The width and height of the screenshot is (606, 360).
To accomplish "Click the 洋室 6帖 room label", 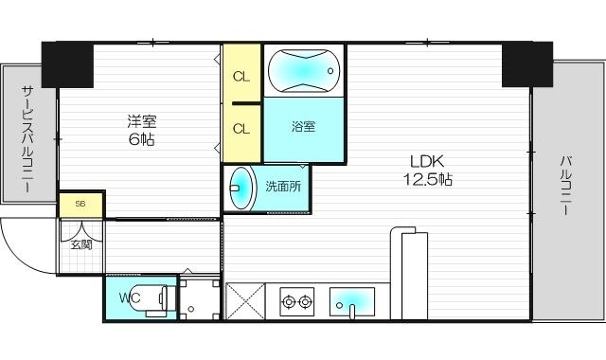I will click(x=143, y=130).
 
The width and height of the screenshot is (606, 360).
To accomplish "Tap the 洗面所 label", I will click(x=283, y=187).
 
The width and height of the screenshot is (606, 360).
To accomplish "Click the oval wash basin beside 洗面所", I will click(x=243, y=188).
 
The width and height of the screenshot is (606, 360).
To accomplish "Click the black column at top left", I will click(x=66, y=64).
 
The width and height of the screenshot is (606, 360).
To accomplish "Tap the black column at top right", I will click(x=526, y=64).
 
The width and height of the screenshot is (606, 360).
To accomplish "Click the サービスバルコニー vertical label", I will click(x=26, y=137).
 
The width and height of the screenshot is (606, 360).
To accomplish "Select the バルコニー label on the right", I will click(x=565, y=186).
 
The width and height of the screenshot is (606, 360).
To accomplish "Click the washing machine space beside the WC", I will click(x=199, y=299).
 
